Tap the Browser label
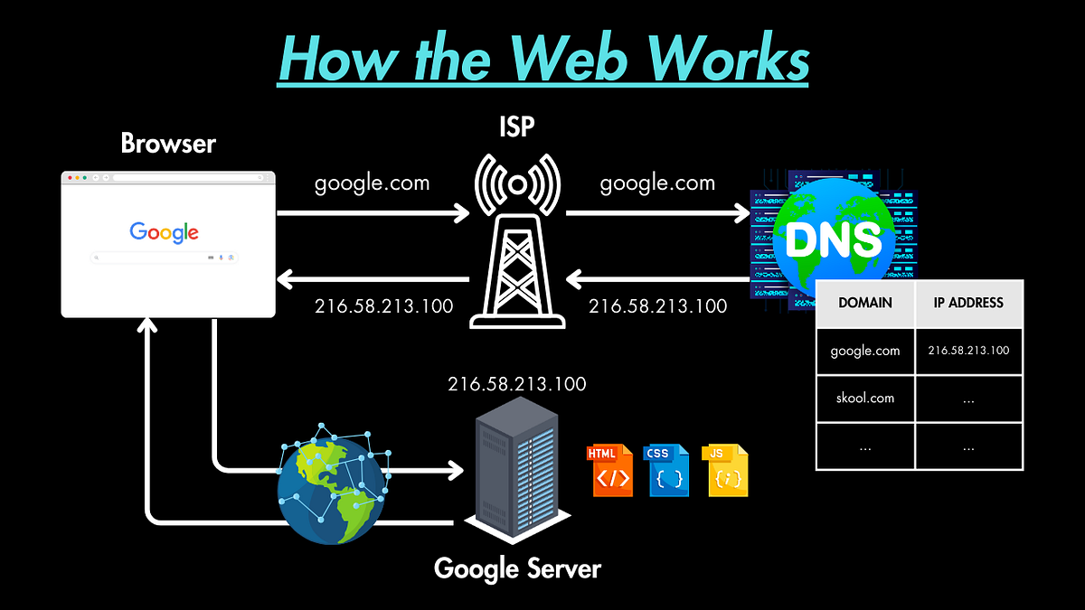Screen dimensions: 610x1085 [168, 144]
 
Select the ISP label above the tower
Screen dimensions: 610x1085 [517, 127]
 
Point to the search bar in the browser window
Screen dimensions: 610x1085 [165, 258]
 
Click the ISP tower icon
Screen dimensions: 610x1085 [517, 244]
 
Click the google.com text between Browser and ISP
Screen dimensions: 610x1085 [372, 183]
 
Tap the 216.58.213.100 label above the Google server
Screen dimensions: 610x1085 [517, 384]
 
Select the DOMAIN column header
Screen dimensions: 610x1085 [865, 303]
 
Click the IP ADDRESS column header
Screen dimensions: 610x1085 [968, 303]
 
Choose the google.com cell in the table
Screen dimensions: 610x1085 [865, 351]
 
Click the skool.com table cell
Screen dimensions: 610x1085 [865, 399]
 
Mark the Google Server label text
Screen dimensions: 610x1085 [517, 568]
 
